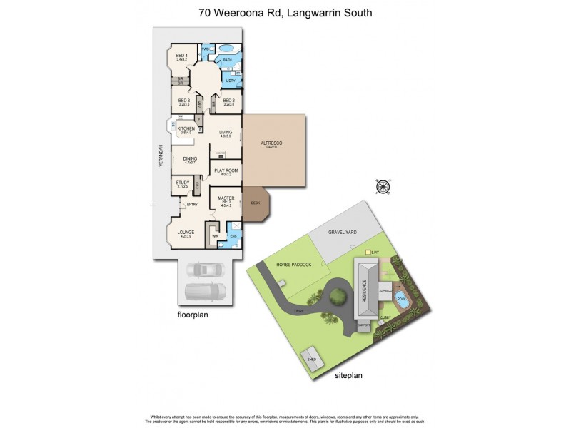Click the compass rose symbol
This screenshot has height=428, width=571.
383,187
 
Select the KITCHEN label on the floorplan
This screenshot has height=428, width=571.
186,130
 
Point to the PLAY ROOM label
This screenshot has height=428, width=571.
226,171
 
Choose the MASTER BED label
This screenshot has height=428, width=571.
227,201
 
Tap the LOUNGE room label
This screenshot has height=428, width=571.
186,233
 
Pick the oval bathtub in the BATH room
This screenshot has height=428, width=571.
227,49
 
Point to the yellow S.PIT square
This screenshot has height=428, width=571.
367,253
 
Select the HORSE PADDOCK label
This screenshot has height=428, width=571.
295,264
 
